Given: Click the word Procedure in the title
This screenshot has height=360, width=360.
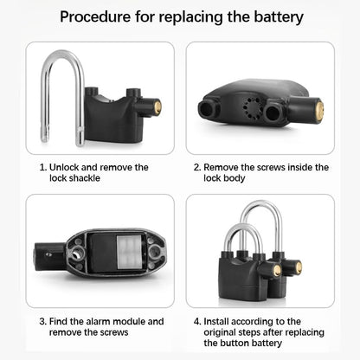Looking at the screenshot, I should coord(98,17).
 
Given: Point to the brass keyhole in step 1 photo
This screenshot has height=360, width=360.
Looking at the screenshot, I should coord(158,107).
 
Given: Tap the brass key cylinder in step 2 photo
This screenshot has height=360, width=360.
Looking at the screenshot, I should coord(318,111).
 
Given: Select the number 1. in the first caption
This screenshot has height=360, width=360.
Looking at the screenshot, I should coord(43,167).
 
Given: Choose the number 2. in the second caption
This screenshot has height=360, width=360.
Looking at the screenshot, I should coord(197,167).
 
